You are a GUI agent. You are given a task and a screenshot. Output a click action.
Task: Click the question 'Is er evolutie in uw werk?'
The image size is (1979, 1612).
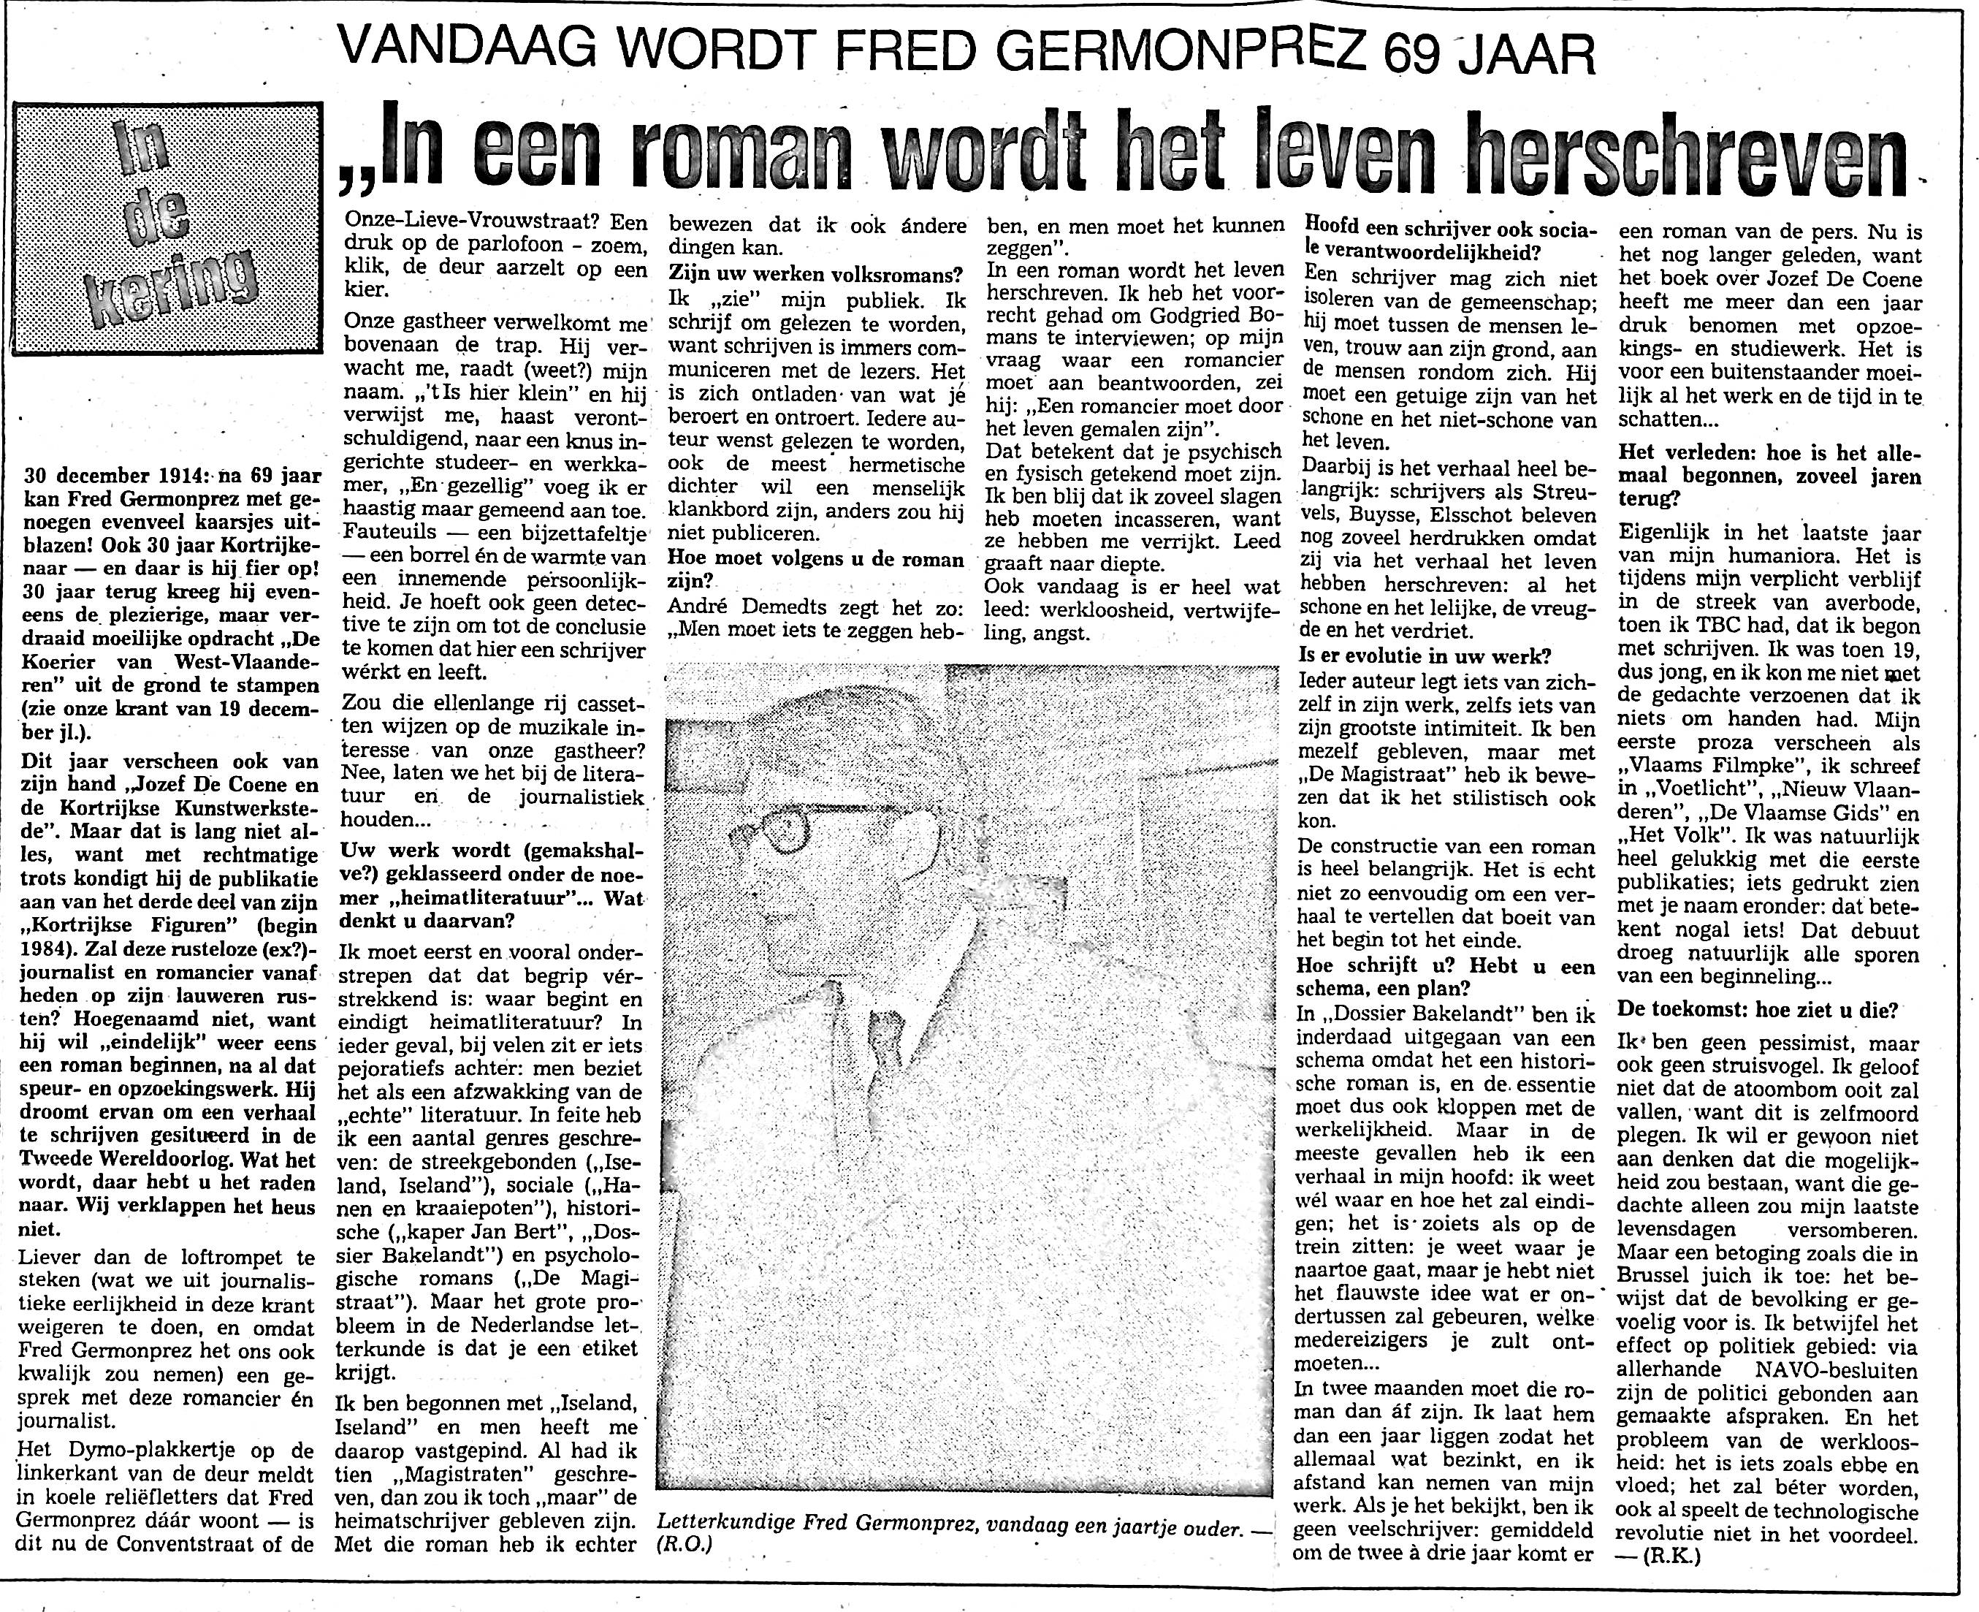[x=1425, y=655]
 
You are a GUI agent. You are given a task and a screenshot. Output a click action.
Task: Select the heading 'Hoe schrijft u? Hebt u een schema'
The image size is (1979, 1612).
[x=1449, y=977]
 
